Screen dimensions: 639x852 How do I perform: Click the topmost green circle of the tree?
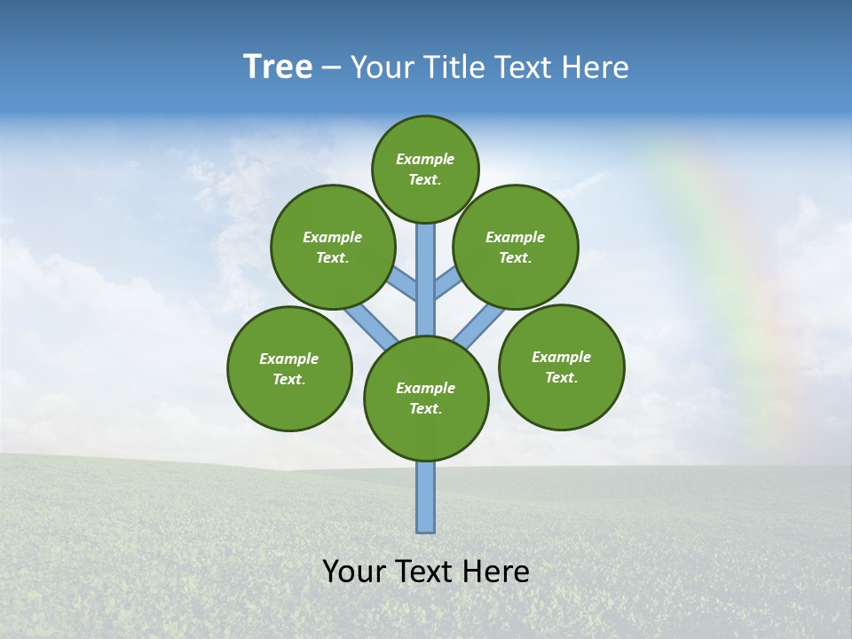(425, 169)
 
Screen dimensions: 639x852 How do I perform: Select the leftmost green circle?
(289, 368)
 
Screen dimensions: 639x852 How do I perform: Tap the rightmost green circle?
(561, 367)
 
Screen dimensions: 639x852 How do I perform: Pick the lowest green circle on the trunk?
(426, 398)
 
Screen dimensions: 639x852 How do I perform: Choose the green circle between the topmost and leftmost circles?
(333, 247)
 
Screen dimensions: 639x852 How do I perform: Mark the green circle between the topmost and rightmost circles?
(516, 247)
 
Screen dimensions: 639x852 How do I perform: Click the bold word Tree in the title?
(278, 67)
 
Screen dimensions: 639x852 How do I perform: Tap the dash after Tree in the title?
(331, 67)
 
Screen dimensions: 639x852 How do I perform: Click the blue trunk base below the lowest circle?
(426, 497)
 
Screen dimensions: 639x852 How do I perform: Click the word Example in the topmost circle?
(425, 159)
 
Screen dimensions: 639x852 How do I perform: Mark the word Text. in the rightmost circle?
(561, 377)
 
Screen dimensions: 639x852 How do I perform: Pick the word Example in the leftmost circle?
(289, 359)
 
